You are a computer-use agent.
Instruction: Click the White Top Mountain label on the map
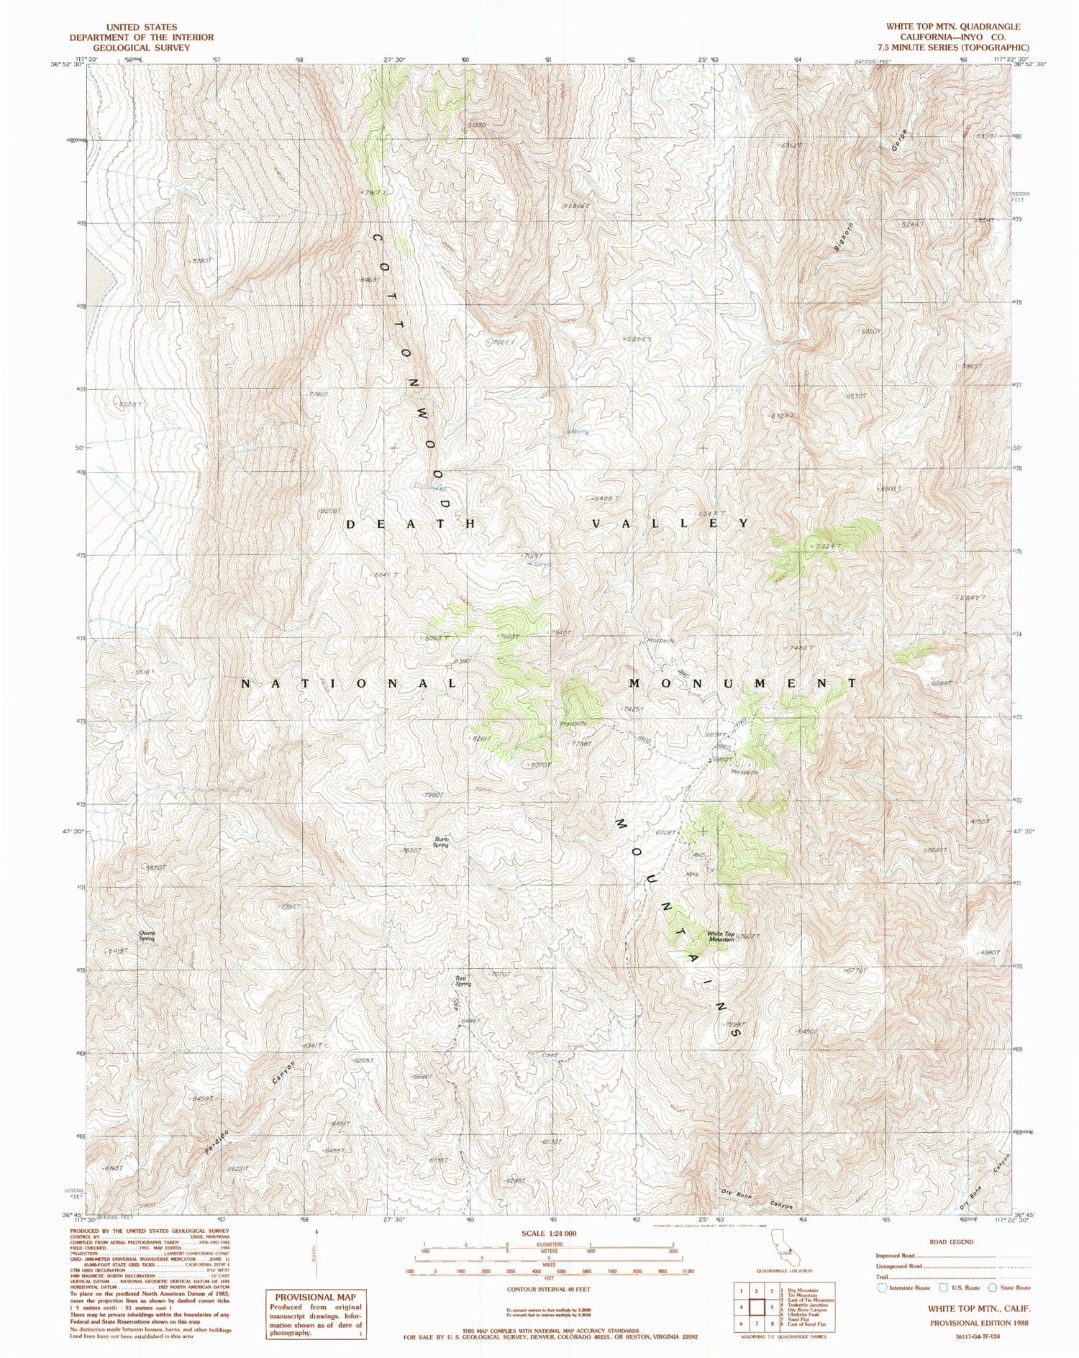click(x=721, y=937)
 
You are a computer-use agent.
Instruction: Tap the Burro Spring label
click(x=440, y=842)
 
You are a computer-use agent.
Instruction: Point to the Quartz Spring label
click(x=147, y=936)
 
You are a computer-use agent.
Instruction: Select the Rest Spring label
click(x=463, y=980)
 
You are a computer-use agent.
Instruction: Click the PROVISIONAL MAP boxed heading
click(x=315, y=1297)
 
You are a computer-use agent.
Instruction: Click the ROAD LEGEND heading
click(x=951, y=1241)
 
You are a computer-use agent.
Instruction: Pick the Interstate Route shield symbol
click(x=882, y=1288)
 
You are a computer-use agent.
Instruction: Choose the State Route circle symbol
click(x=993, y=1288)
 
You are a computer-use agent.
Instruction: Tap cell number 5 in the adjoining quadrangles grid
click(x=754, y=1307)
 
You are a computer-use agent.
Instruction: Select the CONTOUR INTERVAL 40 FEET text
click(x=550, y=1290)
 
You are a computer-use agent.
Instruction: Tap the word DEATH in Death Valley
click(x=411, y=524)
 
